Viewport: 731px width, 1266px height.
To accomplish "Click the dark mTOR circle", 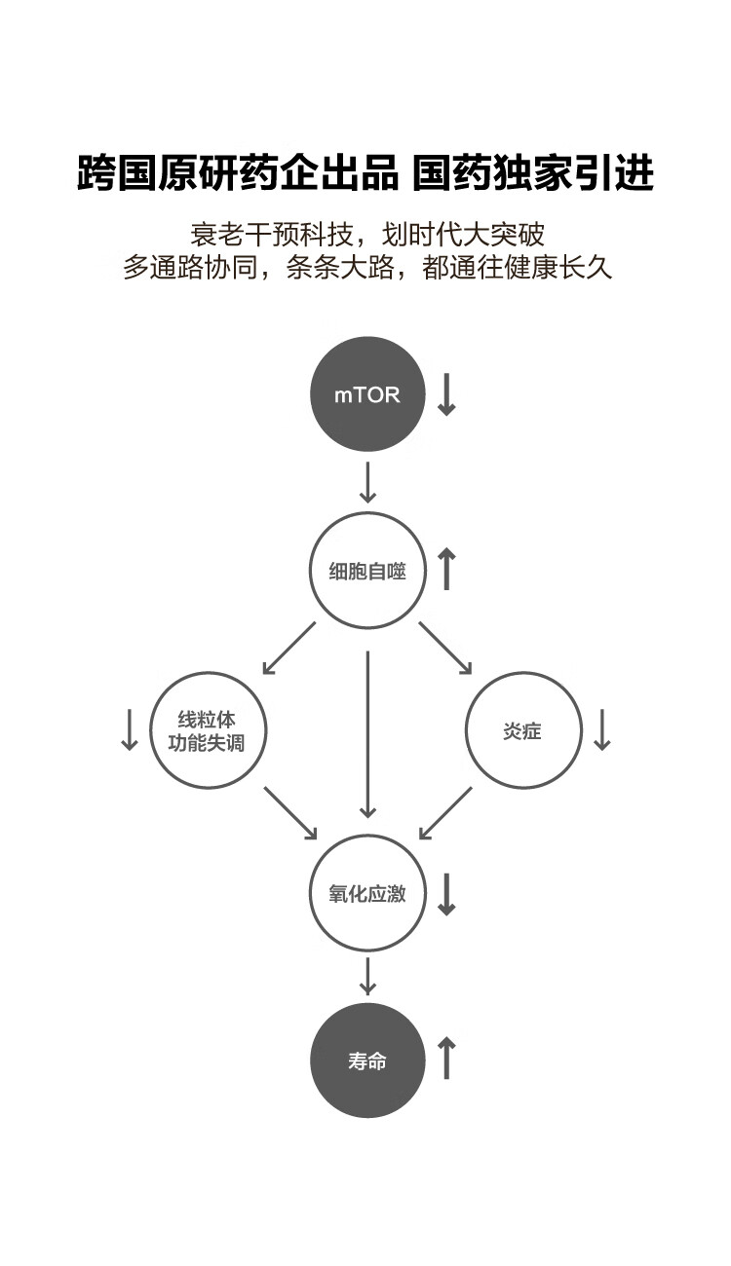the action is pos(367,394).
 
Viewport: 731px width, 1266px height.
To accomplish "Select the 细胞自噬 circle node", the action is pos(367,571).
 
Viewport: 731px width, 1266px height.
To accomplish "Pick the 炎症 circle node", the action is pos(523,731).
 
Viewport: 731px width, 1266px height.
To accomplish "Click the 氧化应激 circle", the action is pos(367,893).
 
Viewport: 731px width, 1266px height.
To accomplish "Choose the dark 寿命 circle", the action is pos(367,1061).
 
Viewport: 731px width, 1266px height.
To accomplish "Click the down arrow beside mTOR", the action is pos(446,394).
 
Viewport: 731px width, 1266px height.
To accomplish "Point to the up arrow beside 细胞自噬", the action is pos(446,569).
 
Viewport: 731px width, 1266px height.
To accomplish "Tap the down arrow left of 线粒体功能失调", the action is pos(130,729).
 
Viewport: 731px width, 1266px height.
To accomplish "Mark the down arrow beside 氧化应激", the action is pos(446,893).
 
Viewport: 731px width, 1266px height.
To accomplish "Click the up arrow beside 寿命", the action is pos(446,1059).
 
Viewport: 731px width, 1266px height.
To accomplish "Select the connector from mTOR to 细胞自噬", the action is pos(367,483).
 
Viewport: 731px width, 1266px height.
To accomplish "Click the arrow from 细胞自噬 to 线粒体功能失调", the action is pos(289,648).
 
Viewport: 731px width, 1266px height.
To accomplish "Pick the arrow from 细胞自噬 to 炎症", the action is pos(445,648).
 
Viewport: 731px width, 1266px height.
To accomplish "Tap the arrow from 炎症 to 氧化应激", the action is pos(445,813).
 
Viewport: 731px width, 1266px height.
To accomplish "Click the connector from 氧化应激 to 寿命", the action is pos(367,976).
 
